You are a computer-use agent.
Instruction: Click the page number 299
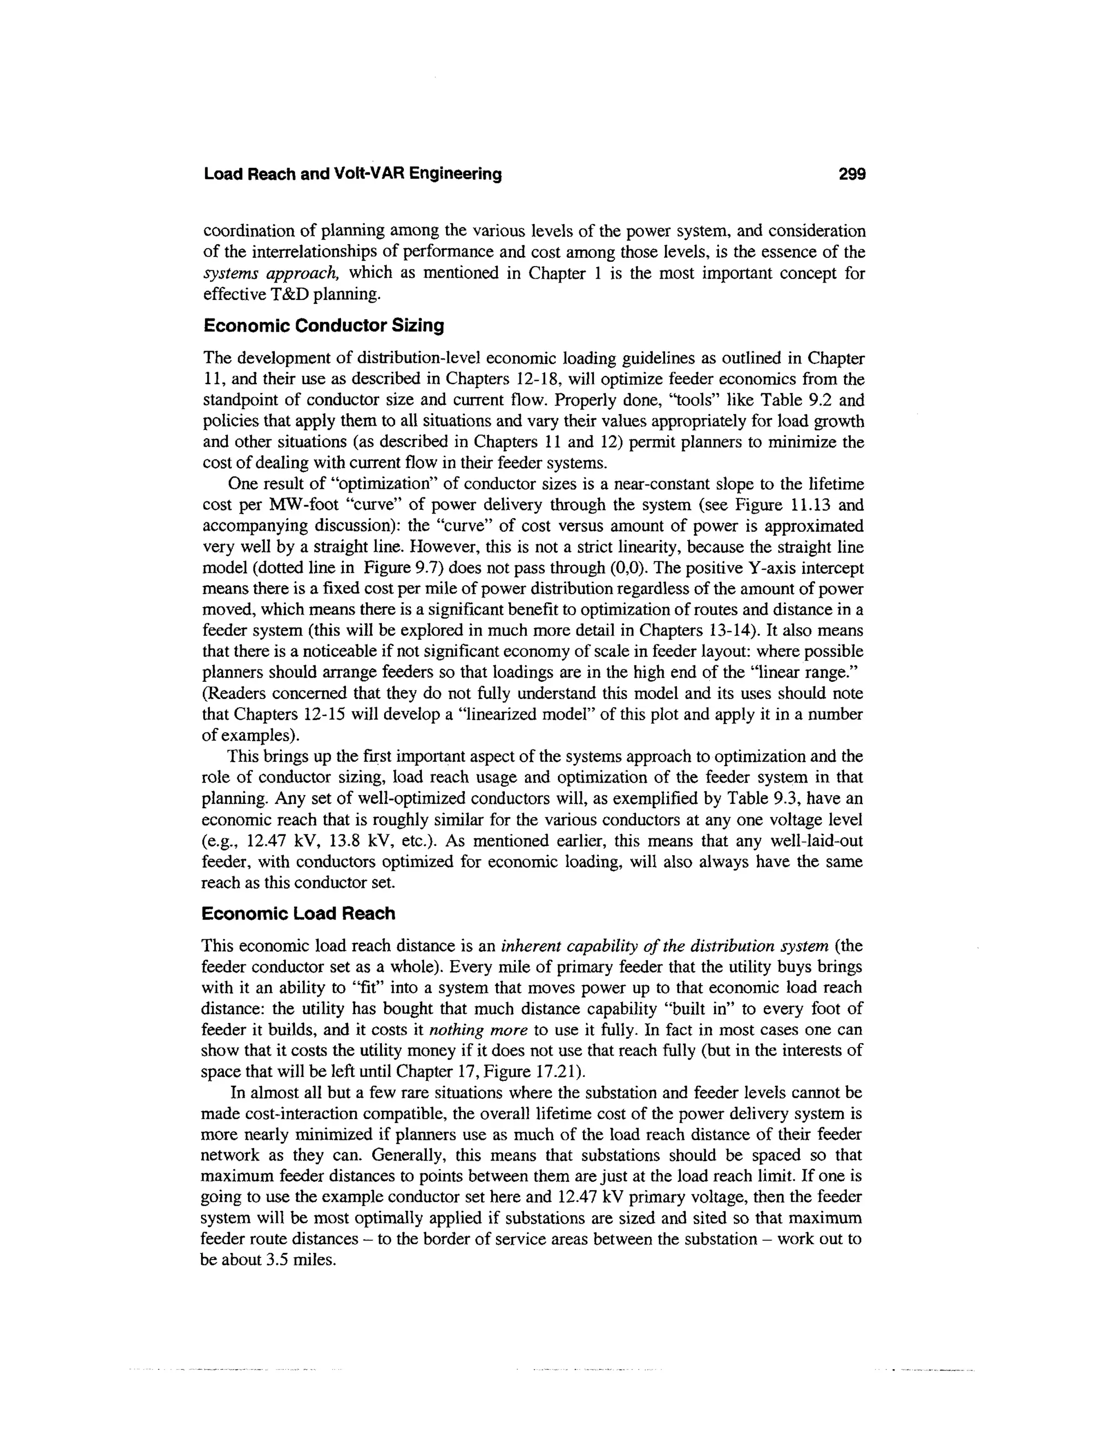click(852, 174)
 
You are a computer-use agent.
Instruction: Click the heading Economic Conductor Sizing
click(323, 326)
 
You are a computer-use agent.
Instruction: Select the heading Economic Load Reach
click(298, 914)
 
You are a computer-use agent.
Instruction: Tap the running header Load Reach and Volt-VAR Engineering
click(352, 174)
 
